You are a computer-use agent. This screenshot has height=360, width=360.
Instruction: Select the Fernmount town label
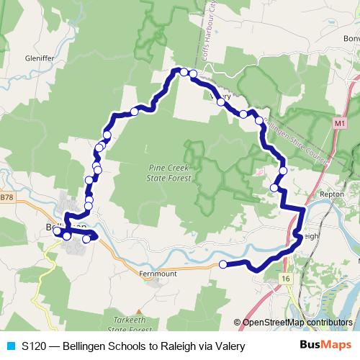coord(156,273)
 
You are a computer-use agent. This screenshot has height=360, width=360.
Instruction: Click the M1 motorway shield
coord(340,124)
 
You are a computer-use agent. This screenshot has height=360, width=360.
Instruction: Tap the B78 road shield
coord(6,197)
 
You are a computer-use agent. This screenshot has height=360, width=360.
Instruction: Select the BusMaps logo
coord(330,346)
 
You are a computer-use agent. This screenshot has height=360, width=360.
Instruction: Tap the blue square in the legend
coord(11,346)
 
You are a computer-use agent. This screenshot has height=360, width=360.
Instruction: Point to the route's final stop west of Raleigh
coord(222,265)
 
